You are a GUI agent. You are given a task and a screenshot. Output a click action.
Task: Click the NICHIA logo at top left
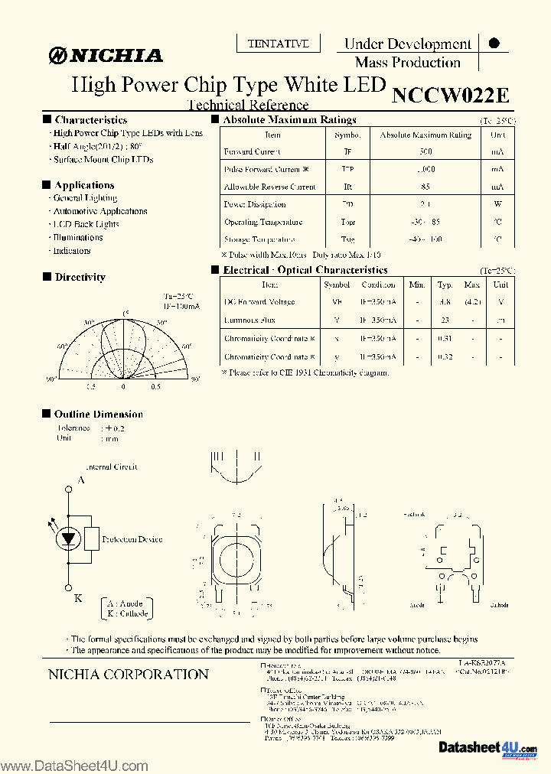106,55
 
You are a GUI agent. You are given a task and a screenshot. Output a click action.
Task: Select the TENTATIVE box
278,44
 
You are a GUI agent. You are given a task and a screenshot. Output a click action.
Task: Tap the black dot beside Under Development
494,44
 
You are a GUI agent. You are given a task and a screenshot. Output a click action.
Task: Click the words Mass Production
407,63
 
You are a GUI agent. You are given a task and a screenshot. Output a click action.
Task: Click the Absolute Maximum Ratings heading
289,120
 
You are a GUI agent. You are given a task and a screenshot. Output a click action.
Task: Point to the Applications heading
84,185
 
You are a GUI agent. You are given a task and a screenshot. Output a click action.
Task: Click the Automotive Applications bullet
99,211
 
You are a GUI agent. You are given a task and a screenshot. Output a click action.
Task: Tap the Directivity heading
80,277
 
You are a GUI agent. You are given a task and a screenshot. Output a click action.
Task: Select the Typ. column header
445,285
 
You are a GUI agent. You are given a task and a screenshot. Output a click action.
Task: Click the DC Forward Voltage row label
259,302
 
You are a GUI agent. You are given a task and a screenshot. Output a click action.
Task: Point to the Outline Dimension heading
98,414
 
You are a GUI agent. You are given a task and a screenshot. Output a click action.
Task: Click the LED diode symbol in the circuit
68,538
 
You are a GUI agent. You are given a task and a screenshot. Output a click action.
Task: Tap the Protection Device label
132,539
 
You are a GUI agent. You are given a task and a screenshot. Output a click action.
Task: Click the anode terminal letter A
80,481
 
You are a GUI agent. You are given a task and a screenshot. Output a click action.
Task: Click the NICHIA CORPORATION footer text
128,675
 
